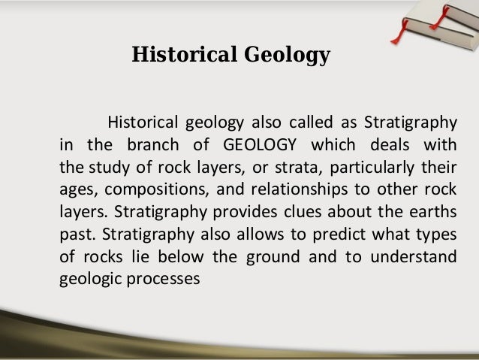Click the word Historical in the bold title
coord(175,56)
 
